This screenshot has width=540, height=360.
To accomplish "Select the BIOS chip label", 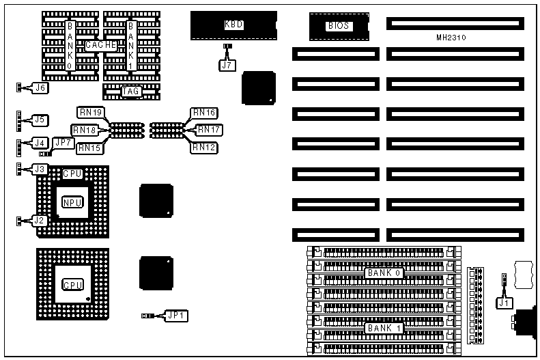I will point(339,26).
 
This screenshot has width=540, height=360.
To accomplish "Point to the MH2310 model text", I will point(455,37).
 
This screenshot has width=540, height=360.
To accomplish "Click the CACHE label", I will point(102,45).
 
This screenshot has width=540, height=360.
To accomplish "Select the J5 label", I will point(40,120).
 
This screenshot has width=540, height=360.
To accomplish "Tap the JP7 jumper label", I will point(63,143).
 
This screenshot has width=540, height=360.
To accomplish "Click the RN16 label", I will point(204,112).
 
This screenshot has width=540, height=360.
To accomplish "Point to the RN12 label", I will point(204,147).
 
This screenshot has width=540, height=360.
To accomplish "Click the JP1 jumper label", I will point(177,316).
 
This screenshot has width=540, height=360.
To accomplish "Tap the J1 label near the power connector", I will point(504,301).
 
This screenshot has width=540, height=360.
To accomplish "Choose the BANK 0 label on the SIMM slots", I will point(384,273).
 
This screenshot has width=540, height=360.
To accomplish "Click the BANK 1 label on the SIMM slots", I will point(384,328).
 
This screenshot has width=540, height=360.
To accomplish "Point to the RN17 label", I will point(208,129).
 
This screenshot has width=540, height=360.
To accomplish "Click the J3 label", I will point(40,169).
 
